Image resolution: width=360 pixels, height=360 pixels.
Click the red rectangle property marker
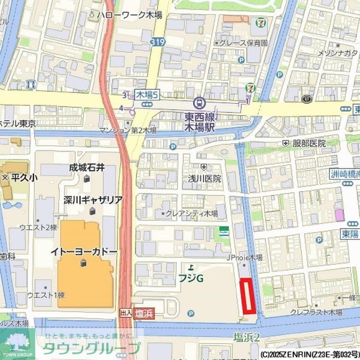coord(247,296)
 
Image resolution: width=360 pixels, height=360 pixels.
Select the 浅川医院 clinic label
coord(205,178)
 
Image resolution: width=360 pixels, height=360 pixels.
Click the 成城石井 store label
coord(86,168)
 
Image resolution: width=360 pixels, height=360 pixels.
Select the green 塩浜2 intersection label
coord(246,337)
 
